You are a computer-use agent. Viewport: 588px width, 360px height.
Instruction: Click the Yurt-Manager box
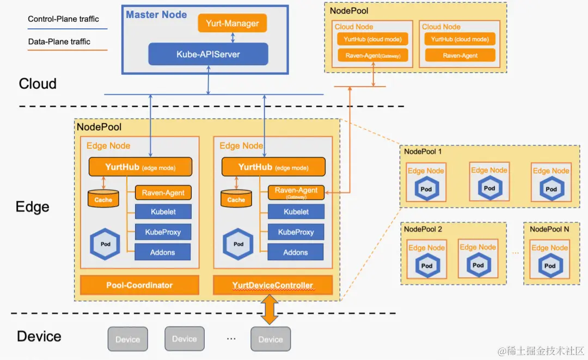pos(232,23)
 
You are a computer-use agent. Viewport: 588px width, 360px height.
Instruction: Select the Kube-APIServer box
pos(208,54)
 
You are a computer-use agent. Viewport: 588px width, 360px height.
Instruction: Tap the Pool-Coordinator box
pos(139,285)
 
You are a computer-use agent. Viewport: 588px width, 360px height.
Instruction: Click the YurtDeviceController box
pos(273,285)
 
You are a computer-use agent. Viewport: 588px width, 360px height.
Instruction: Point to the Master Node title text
pos(156,15)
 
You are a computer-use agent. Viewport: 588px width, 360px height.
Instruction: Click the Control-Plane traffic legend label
pos(63,19)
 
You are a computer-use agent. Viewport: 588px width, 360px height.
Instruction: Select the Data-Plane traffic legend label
pos(59,41)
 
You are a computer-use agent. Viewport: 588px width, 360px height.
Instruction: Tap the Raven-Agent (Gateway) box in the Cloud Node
pos(373,56)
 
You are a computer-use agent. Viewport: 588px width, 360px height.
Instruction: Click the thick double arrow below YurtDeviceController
pos(269,309)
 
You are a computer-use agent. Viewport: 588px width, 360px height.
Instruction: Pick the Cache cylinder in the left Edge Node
pos(103,198)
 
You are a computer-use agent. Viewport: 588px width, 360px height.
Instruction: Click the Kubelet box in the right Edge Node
pos(296,212)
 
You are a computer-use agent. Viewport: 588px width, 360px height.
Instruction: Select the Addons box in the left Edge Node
pos(162,252)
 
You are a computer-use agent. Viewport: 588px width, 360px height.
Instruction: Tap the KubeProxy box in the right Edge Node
pos(296,232)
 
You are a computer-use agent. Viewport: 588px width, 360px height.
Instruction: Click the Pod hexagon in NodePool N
pos(550,265)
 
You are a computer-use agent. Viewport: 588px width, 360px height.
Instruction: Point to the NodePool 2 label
pos(423,229)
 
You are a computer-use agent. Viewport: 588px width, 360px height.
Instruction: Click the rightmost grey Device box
pos(271,339)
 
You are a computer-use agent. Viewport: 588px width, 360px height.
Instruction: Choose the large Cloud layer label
pos(38,84)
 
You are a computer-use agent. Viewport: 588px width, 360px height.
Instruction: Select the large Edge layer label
pos(33,206)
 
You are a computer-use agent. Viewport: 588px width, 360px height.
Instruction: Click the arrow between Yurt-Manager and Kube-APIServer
pos(233,38)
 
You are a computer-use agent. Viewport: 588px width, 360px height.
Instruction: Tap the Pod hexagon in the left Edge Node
pos(105,244)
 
